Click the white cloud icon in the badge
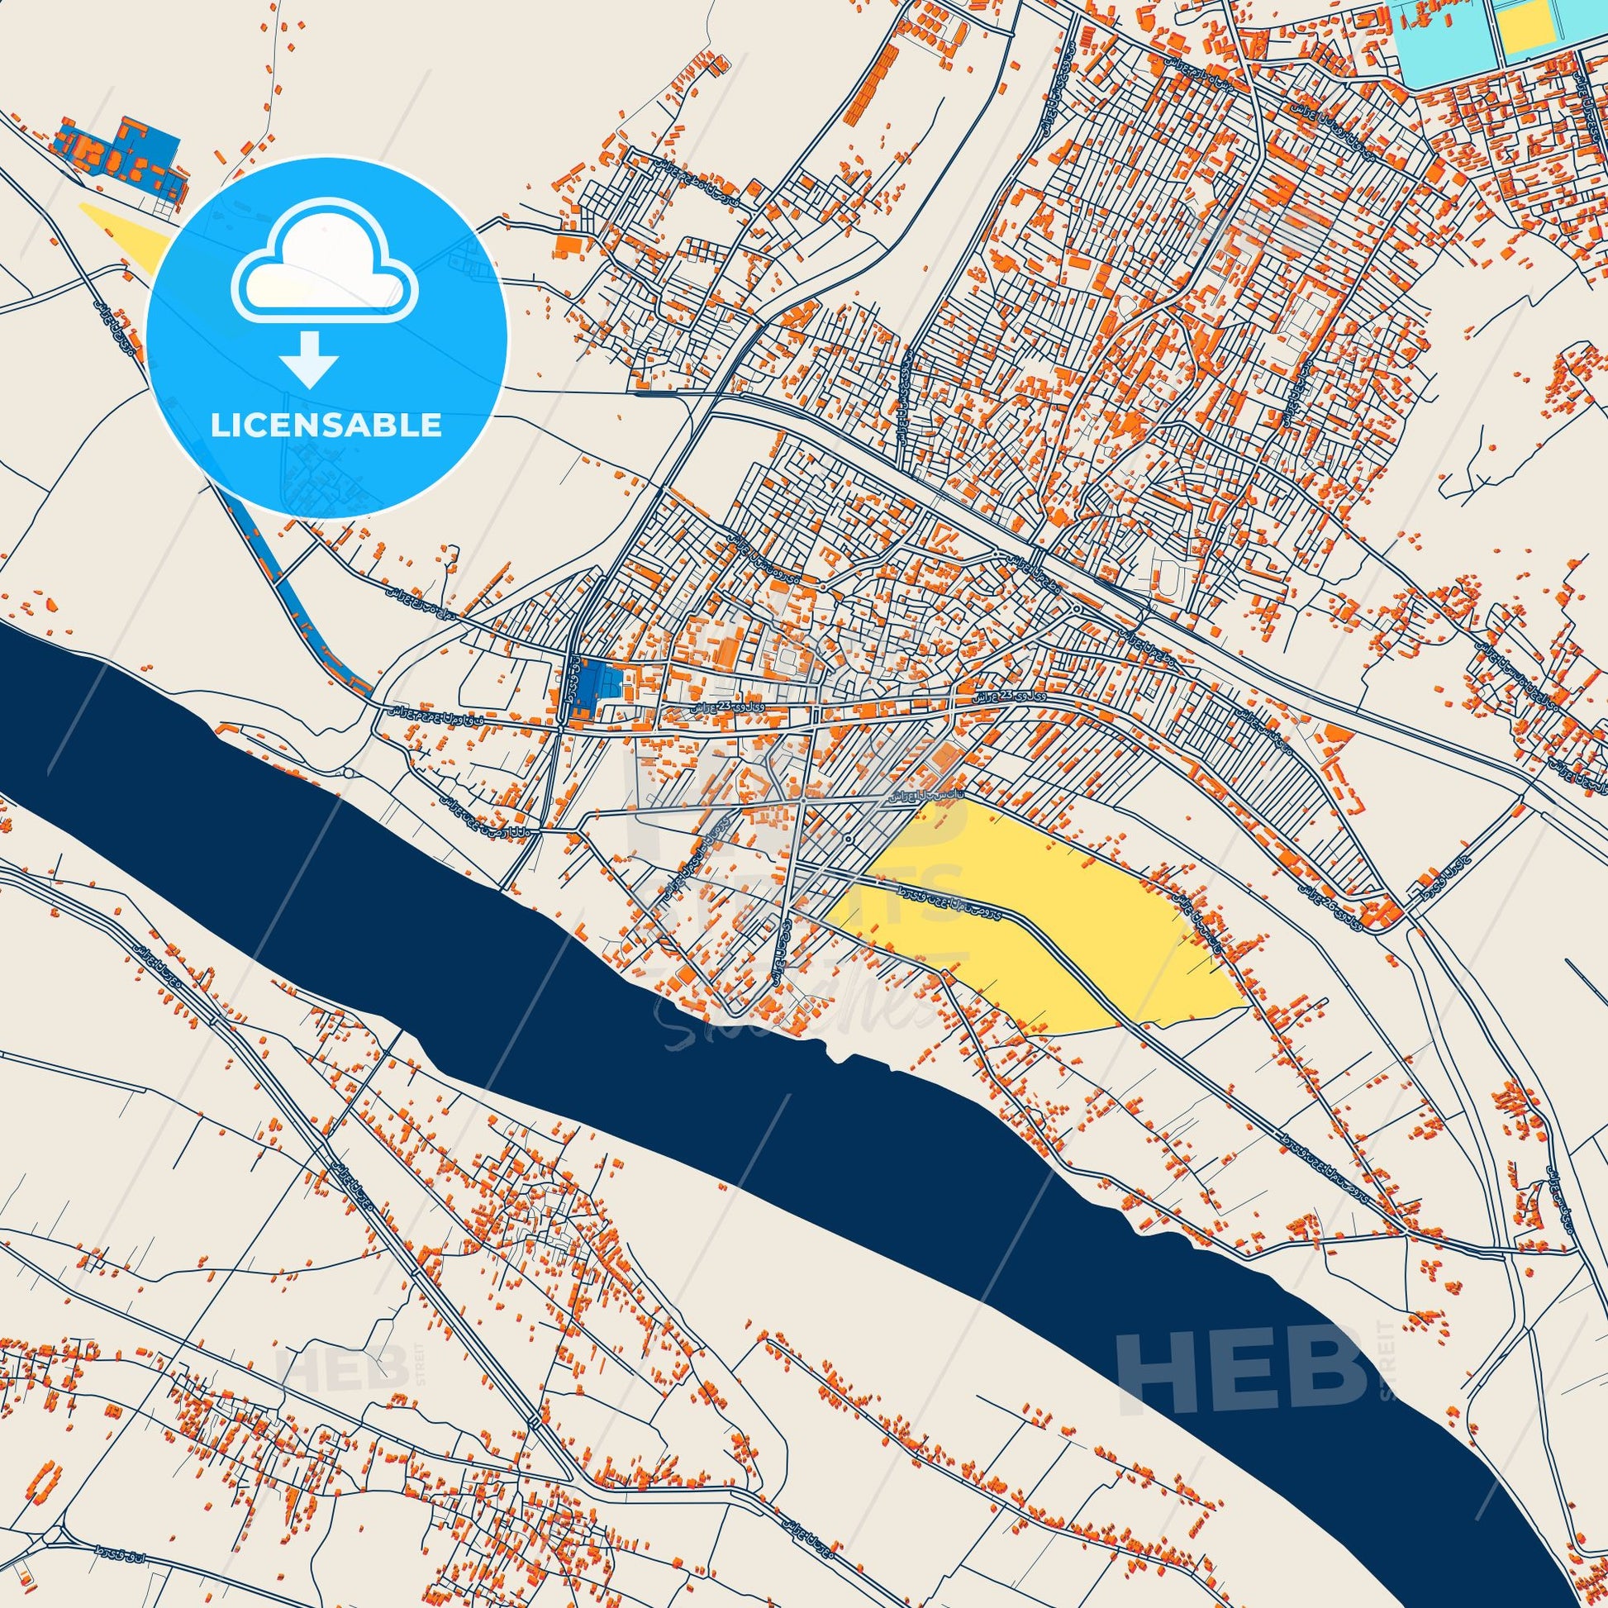coord(326,269)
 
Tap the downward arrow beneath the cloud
coord(310,359)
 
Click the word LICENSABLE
coord(326,426)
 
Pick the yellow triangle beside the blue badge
coord(125,233)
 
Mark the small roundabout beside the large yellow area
coord(845,838)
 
